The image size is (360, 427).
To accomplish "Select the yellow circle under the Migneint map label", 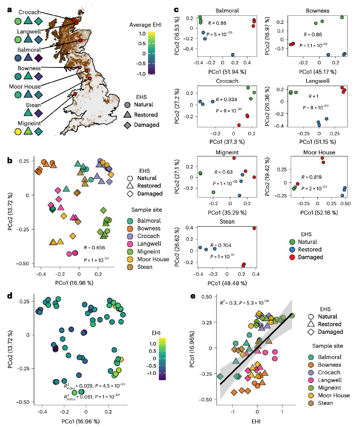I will [x=18, y=132].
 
